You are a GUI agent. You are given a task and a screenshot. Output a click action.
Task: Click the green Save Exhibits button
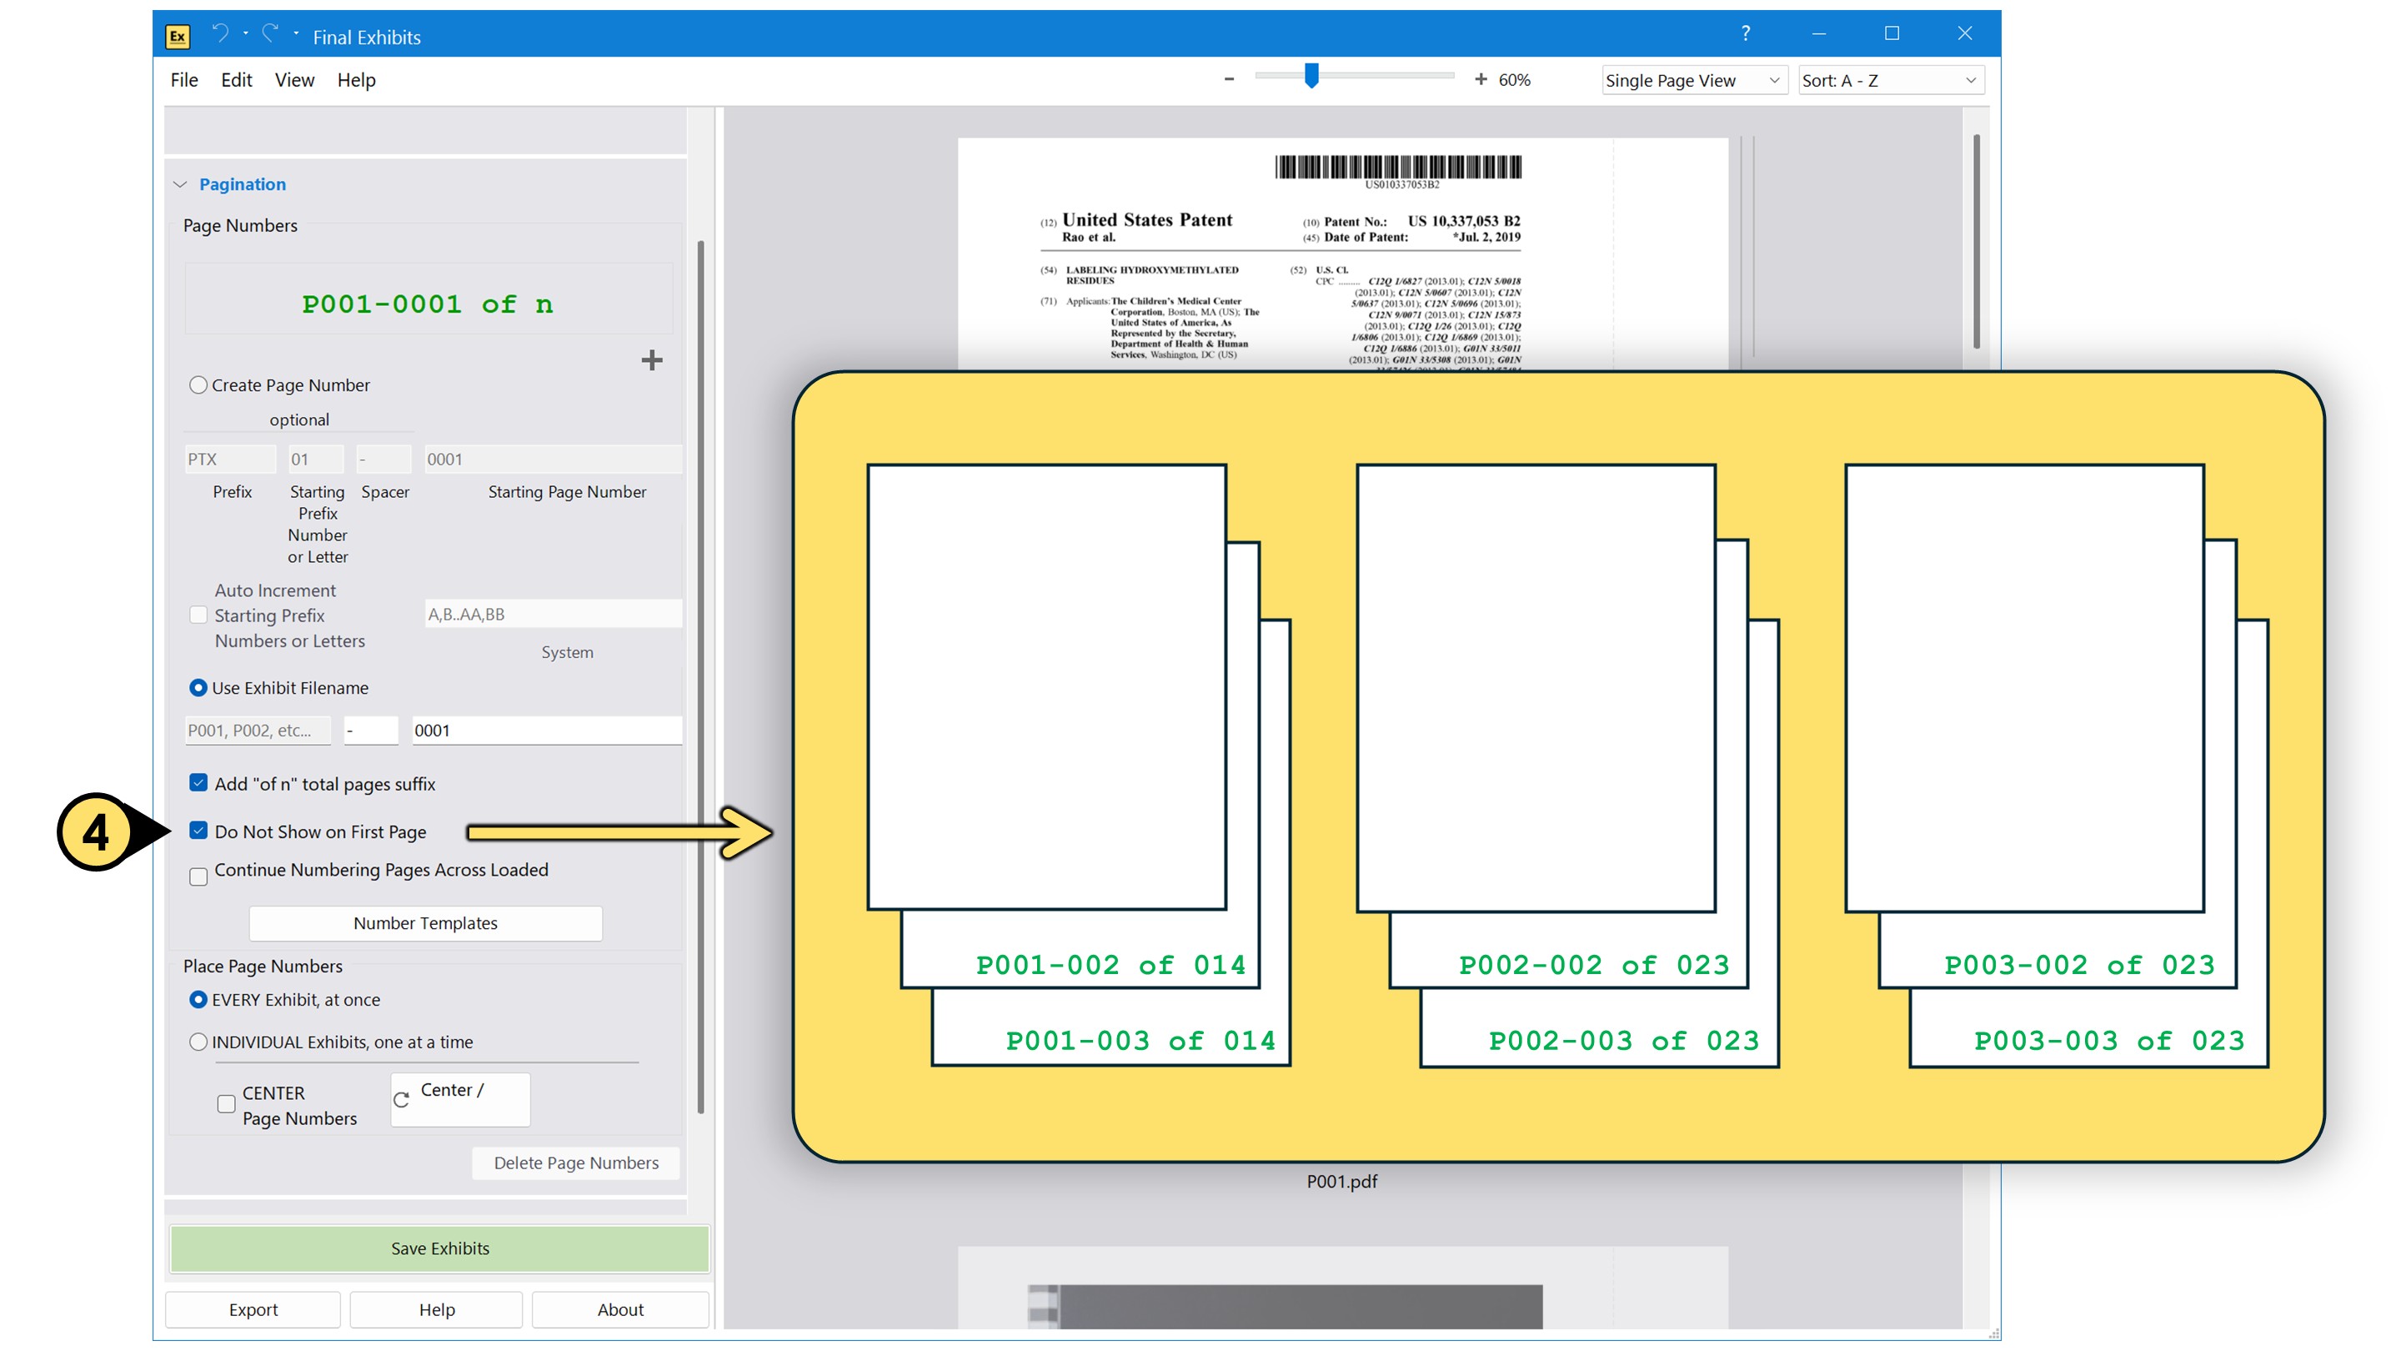(439, 1248)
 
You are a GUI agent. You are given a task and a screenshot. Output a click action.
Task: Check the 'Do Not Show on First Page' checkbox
(198, 830)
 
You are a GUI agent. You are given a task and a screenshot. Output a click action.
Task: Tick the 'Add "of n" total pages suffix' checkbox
(198, 782)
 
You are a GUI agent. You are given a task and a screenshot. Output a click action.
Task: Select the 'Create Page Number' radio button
(198, 385)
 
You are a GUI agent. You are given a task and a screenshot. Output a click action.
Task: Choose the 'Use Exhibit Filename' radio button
(198, 687)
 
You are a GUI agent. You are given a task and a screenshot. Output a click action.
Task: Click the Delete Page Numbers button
(575, 1163)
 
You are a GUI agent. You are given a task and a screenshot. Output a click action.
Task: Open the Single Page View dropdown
(1692, 80)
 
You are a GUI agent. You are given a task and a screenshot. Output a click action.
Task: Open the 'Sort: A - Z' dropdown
(1889, 80)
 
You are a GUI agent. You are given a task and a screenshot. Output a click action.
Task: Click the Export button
(253, 1309)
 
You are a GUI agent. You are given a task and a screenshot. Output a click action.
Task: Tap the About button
(619, 1309)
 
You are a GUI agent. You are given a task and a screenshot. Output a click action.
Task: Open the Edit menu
(236, 80)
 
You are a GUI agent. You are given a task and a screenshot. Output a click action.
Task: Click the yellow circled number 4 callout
(96, 831)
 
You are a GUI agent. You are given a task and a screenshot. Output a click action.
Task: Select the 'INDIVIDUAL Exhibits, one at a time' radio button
(198, 1042)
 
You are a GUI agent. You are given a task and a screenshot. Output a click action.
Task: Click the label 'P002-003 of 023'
(1622, 1041)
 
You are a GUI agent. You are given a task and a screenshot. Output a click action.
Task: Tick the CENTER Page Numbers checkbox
(227, 1104)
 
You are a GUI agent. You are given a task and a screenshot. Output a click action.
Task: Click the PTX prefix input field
(229, 459)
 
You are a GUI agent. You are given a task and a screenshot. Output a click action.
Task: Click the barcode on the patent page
(1397, 168)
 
